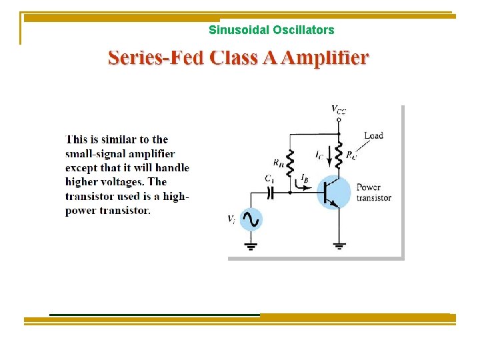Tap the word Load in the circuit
click(373, 135)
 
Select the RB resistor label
click(278, 161)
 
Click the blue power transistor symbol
click(333, 192)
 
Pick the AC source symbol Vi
click(251, 219)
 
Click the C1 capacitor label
click(269, 179)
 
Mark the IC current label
click(319, 154)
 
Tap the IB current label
click(304, 177)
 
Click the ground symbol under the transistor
click(339, 245)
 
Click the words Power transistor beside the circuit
click(373, 192)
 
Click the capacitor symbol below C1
click(270, 192)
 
